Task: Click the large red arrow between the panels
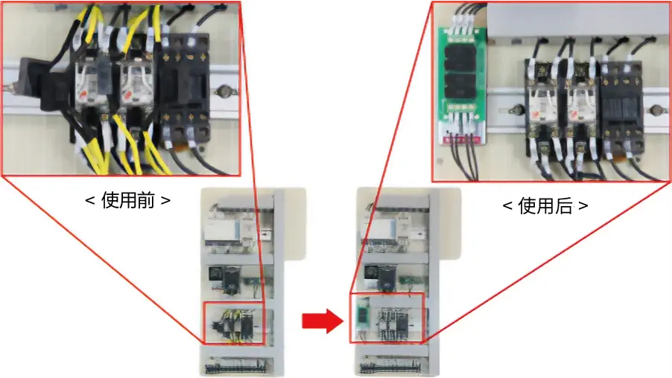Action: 321,321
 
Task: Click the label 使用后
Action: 545,206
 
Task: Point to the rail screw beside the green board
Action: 512,114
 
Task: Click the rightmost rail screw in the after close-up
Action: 657,112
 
